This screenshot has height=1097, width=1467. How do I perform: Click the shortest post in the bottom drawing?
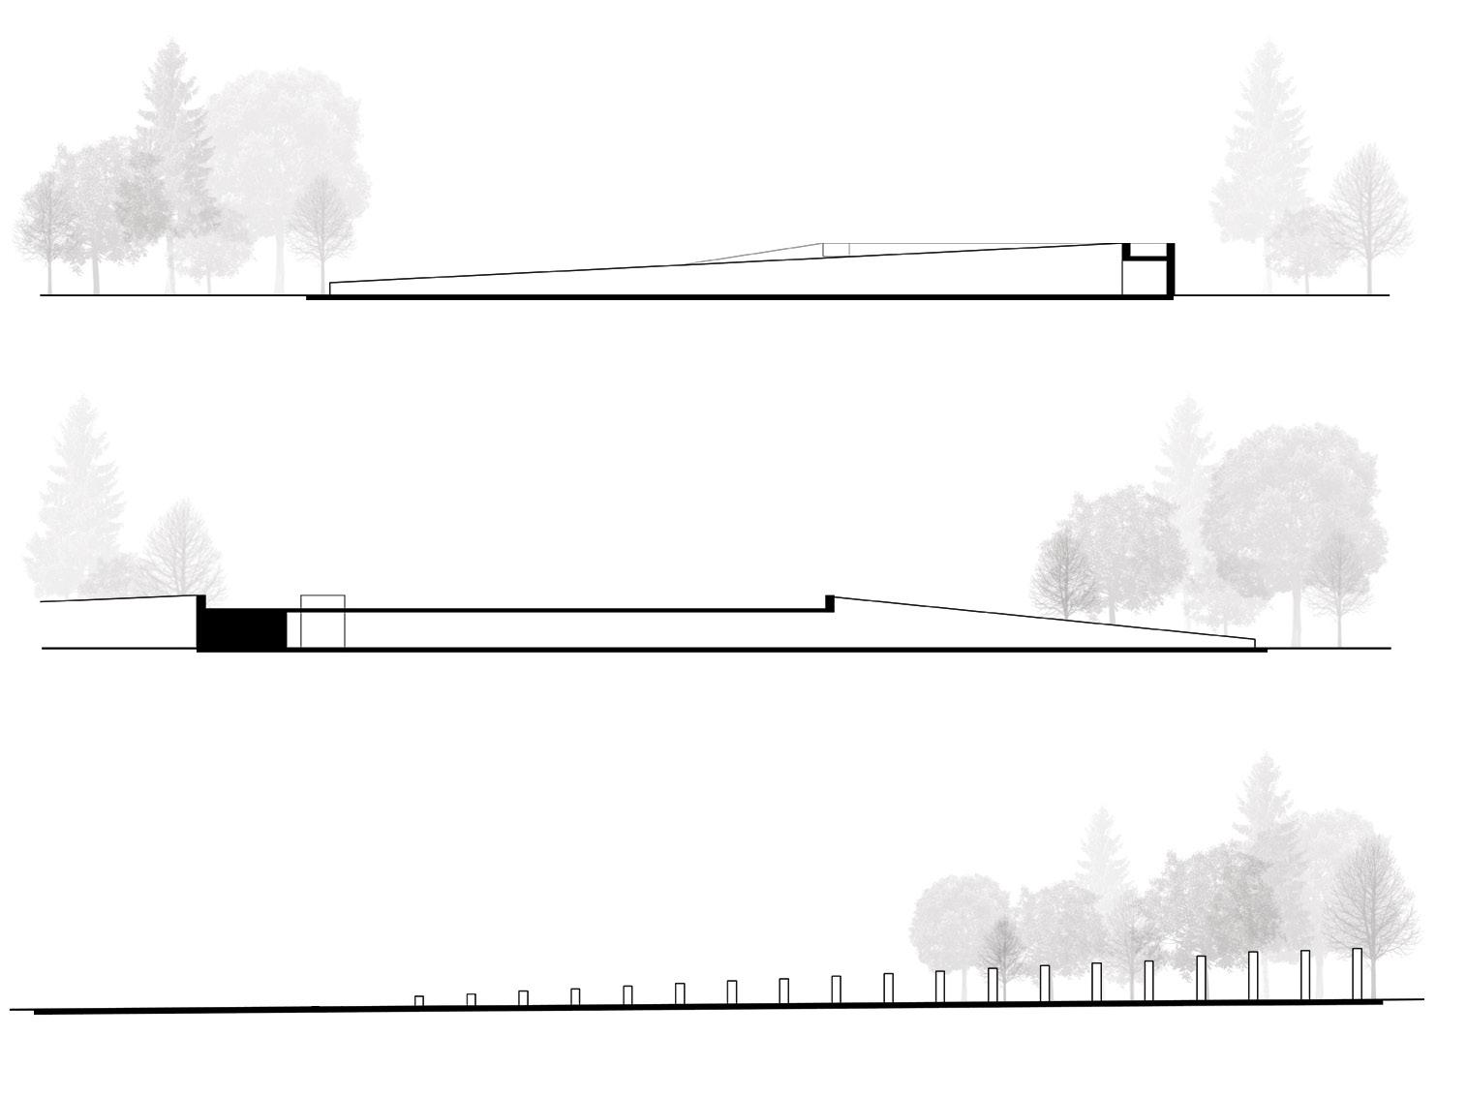point(419,1001)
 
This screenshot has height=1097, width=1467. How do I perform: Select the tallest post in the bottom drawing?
point(1357,973)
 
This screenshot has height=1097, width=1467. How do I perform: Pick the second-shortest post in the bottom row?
point(472,999)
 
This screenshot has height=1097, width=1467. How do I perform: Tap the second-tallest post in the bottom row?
point(1305,974)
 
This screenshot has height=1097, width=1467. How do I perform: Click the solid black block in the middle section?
point(242,629)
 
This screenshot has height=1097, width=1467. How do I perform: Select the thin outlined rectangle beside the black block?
point(322,621)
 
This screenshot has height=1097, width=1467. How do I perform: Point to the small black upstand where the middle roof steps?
point(829,602)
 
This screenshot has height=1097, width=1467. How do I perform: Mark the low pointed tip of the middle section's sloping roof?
point(1253,642)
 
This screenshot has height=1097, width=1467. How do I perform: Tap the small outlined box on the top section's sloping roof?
point(836,249)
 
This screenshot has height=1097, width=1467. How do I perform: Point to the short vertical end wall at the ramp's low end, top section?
point(331,289)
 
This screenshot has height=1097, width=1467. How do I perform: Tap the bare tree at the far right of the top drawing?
point(1368,213)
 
